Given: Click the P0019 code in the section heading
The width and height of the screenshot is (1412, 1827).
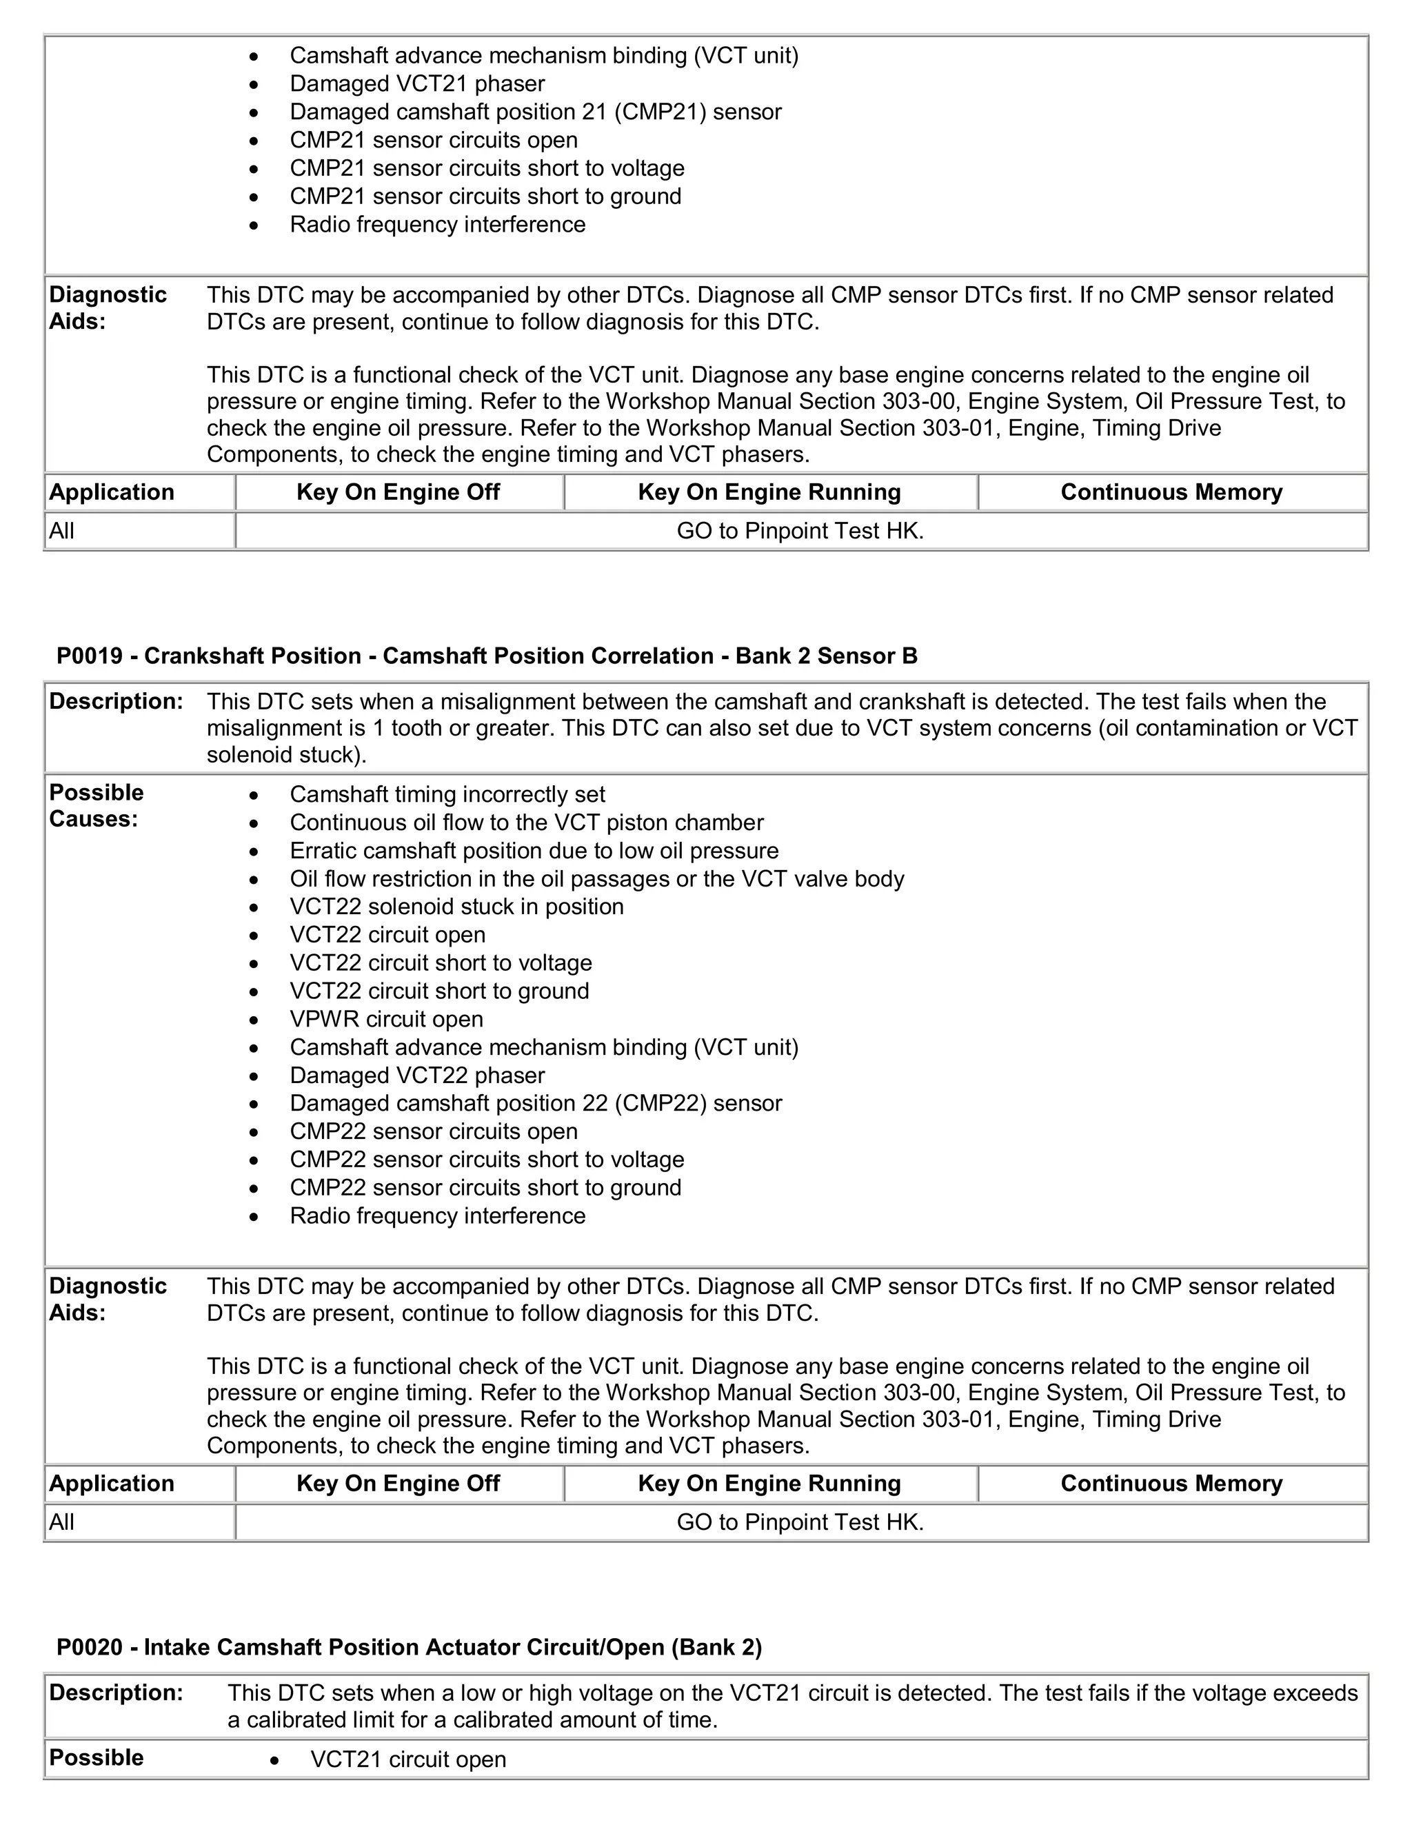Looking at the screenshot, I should click(90, 656).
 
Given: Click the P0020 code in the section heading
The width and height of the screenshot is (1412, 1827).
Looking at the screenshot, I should click(90, 1647).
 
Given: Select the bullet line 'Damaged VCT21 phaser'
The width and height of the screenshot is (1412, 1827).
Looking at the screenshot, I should click(416, 83).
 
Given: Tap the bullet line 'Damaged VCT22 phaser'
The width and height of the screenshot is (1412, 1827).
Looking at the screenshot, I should click(416, 1075).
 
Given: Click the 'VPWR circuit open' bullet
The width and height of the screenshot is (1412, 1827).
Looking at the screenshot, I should click(387, 1019).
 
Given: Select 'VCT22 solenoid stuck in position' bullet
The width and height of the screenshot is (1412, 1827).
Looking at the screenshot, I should click(456, 907).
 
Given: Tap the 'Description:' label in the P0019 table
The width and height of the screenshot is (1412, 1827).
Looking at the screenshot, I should click(115, 701).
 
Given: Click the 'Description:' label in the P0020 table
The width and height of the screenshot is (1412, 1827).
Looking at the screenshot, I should click(115, 1693).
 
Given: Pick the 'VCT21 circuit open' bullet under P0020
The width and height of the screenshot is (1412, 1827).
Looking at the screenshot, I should click(408, 1759).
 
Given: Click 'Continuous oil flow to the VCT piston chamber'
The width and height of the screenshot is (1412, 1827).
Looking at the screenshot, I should click(526, 822).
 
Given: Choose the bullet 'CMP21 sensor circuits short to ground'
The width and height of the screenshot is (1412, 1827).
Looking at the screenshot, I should click(485, 196).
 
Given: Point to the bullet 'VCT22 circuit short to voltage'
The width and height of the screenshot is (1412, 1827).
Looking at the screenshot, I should click(441, 963).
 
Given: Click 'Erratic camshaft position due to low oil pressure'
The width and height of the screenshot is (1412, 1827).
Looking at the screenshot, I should click(534, 851).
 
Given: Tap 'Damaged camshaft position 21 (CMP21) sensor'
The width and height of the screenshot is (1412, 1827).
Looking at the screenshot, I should click(535, 112).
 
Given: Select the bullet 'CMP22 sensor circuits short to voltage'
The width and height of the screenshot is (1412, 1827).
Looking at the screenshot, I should click(487, 1160).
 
